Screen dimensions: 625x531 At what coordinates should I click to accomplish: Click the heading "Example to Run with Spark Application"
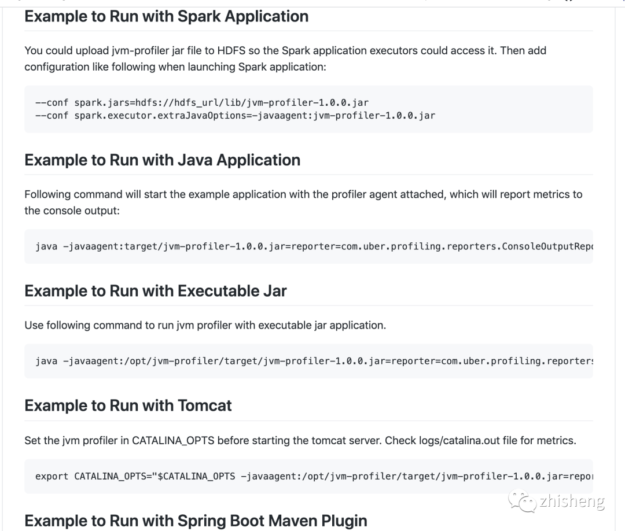tap(166, 16)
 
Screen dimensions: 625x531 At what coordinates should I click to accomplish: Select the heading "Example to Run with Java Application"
tap(162, 160)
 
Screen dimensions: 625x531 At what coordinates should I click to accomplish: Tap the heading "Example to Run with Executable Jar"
tap(155, 290)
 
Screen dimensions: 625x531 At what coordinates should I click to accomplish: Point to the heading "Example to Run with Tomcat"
tap(128, 405)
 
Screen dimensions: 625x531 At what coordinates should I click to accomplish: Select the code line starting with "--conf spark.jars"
tap(201, 102)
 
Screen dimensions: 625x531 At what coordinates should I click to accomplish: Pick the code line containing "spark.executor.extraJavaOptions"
tap(235, 115)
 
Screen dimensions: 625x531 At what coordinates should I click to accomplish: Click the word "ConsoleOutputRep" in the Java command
tap(548, 246)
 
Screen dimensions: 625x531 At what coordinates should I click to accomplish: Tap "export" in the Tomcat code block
tap(52, 477)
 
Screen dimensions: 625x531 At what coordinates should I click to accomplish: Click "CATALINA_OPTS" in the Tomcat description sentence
tap(173, 441)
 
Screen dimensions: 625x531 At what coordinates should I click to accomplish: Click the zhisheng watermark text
tap(572, 501)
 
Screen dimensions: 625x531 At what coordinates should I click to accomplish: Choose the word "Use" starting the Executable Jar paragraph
tap(33, 325)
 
